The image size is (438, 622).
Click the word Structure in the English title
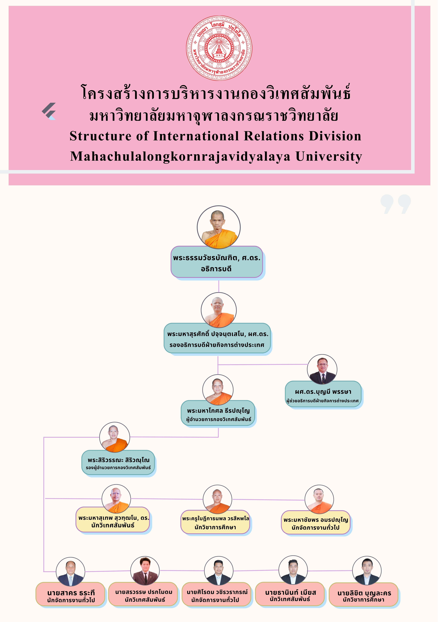pyautogui.click(x=100, y=136)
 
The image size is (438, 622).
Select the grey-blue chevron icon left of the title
pyautogui.click(x=49, y=111)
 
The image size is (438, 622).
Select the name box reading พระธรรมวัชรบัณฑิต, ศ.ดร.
pyautogui.click(x=217, y=262)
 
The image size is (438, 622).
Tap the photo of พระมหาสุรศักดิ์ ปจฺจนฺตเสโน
pyautogui.click(x=219, y=310)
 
